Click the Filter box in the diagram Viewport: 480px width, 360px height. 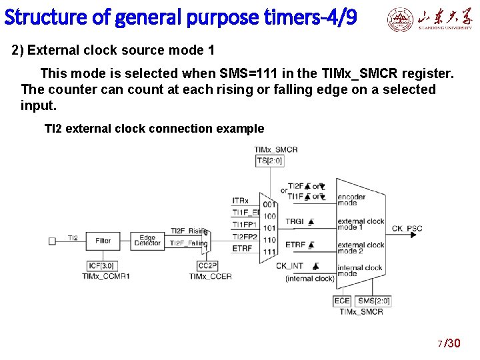[103, 240]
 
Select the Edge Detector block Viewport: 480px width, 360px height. [147, 240]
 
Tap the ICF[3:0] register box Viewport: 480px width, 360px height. [103, 265]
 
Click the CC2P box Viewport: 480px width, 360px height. [207, 265]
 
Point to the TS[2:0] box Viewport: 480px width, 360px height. [269, 161]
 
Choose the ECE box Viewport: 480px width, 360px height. [341, 301]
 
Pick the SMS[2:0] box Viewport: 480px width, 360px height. [373, 301]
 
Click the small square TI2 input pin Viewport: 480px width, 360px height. [52, 240]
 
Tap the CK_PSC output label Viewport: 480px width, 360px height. [407, 229]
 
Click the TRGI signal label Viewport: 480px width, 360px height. [295, 221]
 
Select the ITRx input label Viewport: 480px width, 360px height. [241, 201]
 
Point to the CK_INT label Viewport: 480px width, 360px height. [291, 265]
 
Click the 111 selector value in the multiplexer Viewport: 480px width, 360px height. [269, 252]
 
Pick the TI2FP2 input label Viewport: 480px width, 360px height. [244, 237]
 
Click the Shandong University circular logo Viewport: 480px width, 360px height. [400, 21]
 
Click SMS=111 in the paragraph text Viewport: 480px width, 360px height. [252, 73]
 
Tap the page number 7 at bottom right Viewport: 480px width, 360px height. [439, 344]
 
